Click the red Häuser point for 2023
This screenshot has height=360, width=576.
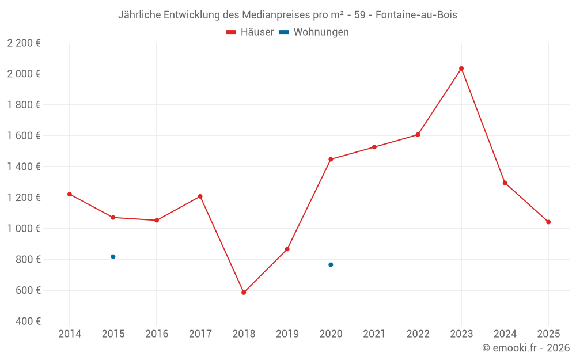pyautogui.click(x=461, y=69)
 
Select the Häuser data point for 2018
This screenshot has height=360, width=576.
pyautogui.click(x=244, y=293)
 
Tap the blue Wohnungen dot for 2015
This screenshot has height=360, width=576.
pyautogui.click(x=113, y=256)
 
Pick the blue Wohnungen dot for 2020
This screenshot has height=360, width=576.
pyautogui.click(x=331, y=264)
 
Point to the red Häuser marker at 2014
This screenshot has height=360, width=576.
pyautogui.click(x=70, y=194)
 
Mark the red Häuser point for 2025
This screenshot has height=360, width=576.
pyautogui.click(x=548, y=222)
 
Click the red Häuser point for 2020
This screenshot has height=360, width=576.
pyautogui.click(x=331, y=159)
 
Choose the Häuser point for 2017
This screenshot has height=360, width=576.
pyautogui.click(x=200, y=196)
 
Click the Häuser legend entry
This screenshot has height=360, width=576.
pyautogui.click(x=250, y=32)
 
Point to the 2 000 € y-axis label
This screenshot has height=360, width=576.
pyautogui.click(x=24, y=74)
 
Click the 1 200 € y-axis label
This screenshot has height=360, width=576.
pyautogui.click(x=24, y=198)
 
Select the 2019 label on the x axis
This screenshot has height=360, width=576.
pyautogui.click(x=287, y=334)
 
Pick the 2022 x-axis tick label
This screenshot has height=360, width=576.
pyautogui.click(x=418, y=334)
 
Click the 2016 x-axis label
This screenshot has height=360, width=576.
pyautogui.click(x=157, y=334)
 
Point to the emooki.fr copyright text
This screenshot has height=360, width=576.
pyautogui.click(x=526, y=348)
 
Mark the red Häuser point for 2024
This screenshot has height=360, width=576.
pyautogui.click(x=505, y=183)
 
